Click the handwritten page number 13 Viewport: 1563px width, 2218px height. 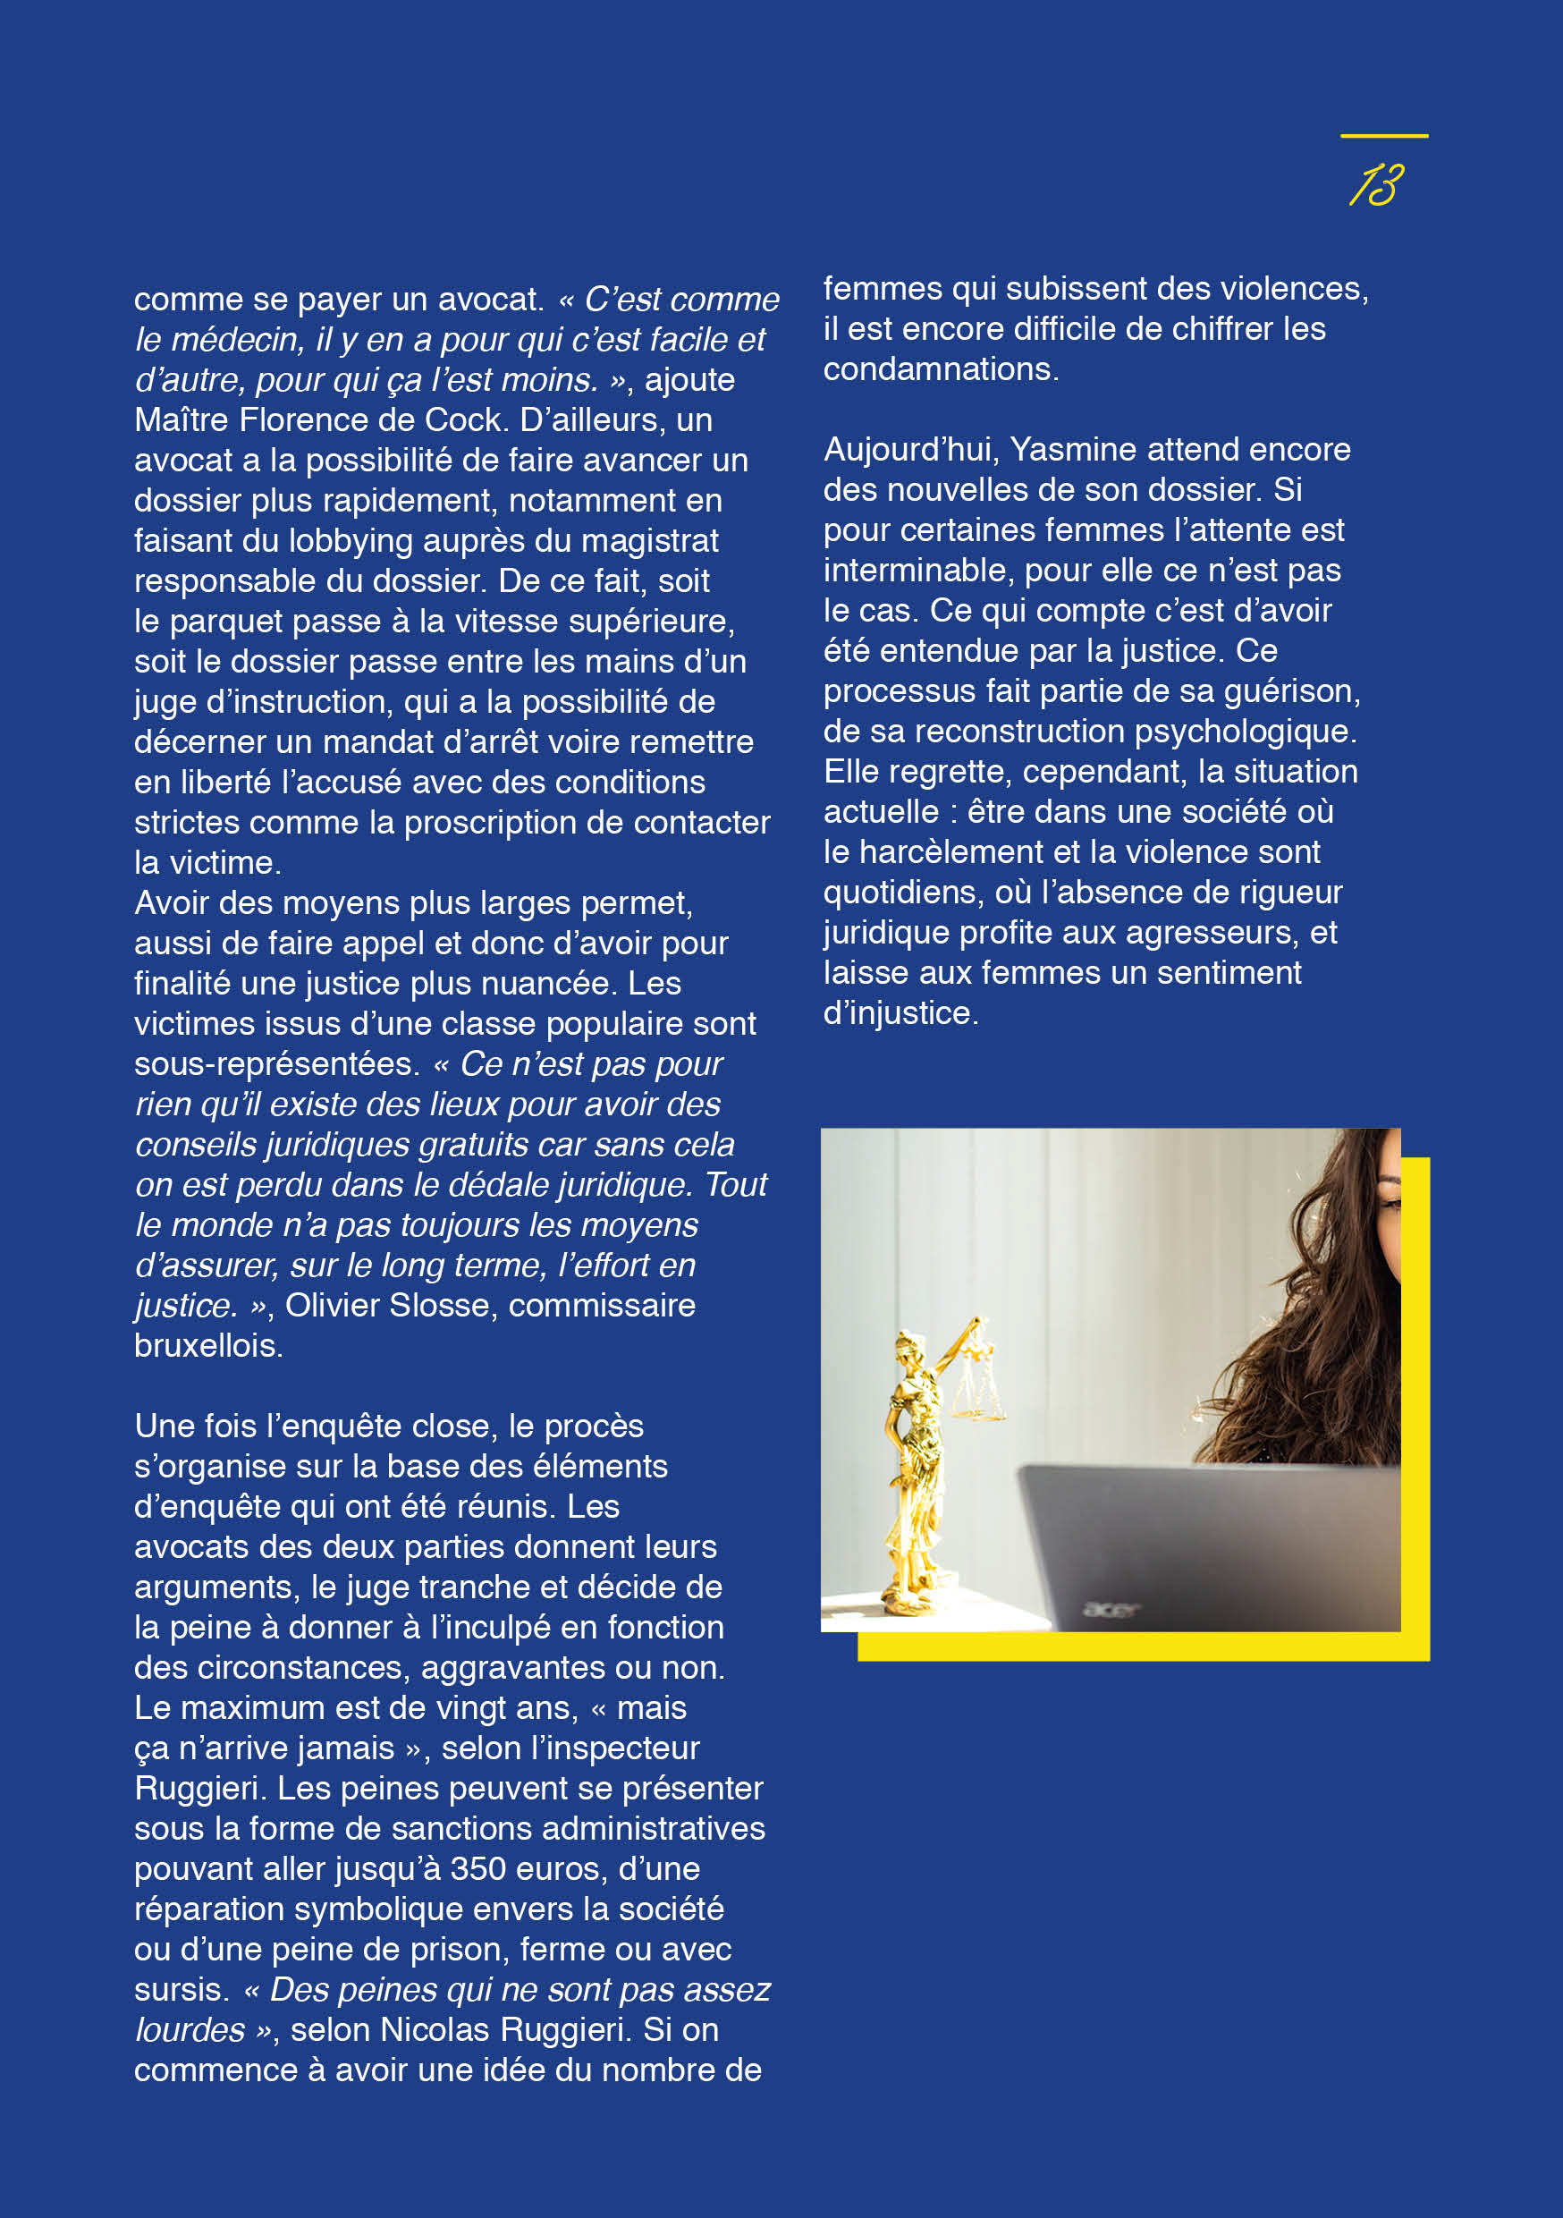point(1376,184)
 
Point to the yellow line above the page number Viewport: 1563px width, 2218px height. point(1383,136)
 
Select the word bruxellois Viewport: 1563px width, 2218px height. point(207,1346)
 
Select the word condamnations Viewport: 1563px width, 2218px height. point(939,369)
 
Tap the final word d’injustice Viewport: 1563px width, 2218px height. point(900,1013)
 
